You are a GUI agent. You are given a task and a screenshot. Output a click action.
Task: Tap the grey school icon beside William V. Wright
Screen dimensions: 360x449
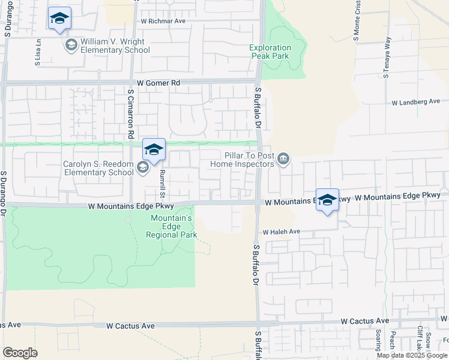(x=71, y=45)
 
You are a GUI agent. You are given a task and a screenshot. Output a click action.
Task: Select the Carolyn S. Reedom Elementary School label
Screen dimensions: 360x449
(x=98, y=168)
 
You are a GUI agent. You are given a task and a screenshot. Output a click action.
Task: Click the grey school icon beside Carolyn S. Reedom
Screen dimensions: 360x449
(x=143, y=167)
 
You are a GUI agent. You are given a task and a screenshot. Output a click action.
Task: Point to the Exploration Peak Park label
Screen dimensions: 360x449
(x=271, y=52)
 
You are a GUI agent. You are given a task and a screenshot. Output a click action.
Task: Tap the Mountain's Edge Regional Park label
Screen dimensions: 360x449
(x=171, y=226)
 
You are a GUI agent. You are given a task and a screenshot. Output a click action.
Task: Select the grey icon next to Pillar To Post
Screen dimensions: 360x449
(x=283, y=159)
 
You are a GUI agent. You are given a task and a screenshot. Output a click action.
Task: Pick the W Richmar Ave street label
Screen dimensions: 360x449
(x=163, y=21)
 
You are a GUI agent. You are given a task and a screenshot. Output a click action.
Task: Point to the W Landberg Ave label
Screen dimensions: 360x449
(x=416, y=103)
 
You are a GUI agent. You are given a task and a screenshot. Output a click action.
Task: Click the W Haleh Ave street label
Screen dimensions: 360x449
(x=281, y=232)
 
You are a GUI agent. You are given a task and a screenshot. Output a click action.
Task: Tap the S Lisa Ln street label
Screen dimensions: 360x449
(x=38, y=53)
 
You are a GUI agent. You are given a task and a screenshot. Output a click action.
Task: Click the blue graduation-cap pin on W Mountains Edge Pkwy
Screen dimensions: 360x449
(x=327, y=201)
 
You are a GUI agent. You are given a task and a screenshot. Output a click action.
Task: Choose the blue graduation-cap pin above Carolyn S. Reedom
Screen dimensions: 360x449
(x=154, y=150)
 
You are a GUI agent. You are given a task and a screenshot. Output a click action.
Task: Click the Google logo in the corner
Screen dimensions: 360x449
(x=20, y=353)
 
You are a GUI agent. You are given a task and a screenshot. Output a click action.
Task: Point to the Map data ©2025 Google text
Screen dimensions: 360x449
(x=412, y=355)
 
